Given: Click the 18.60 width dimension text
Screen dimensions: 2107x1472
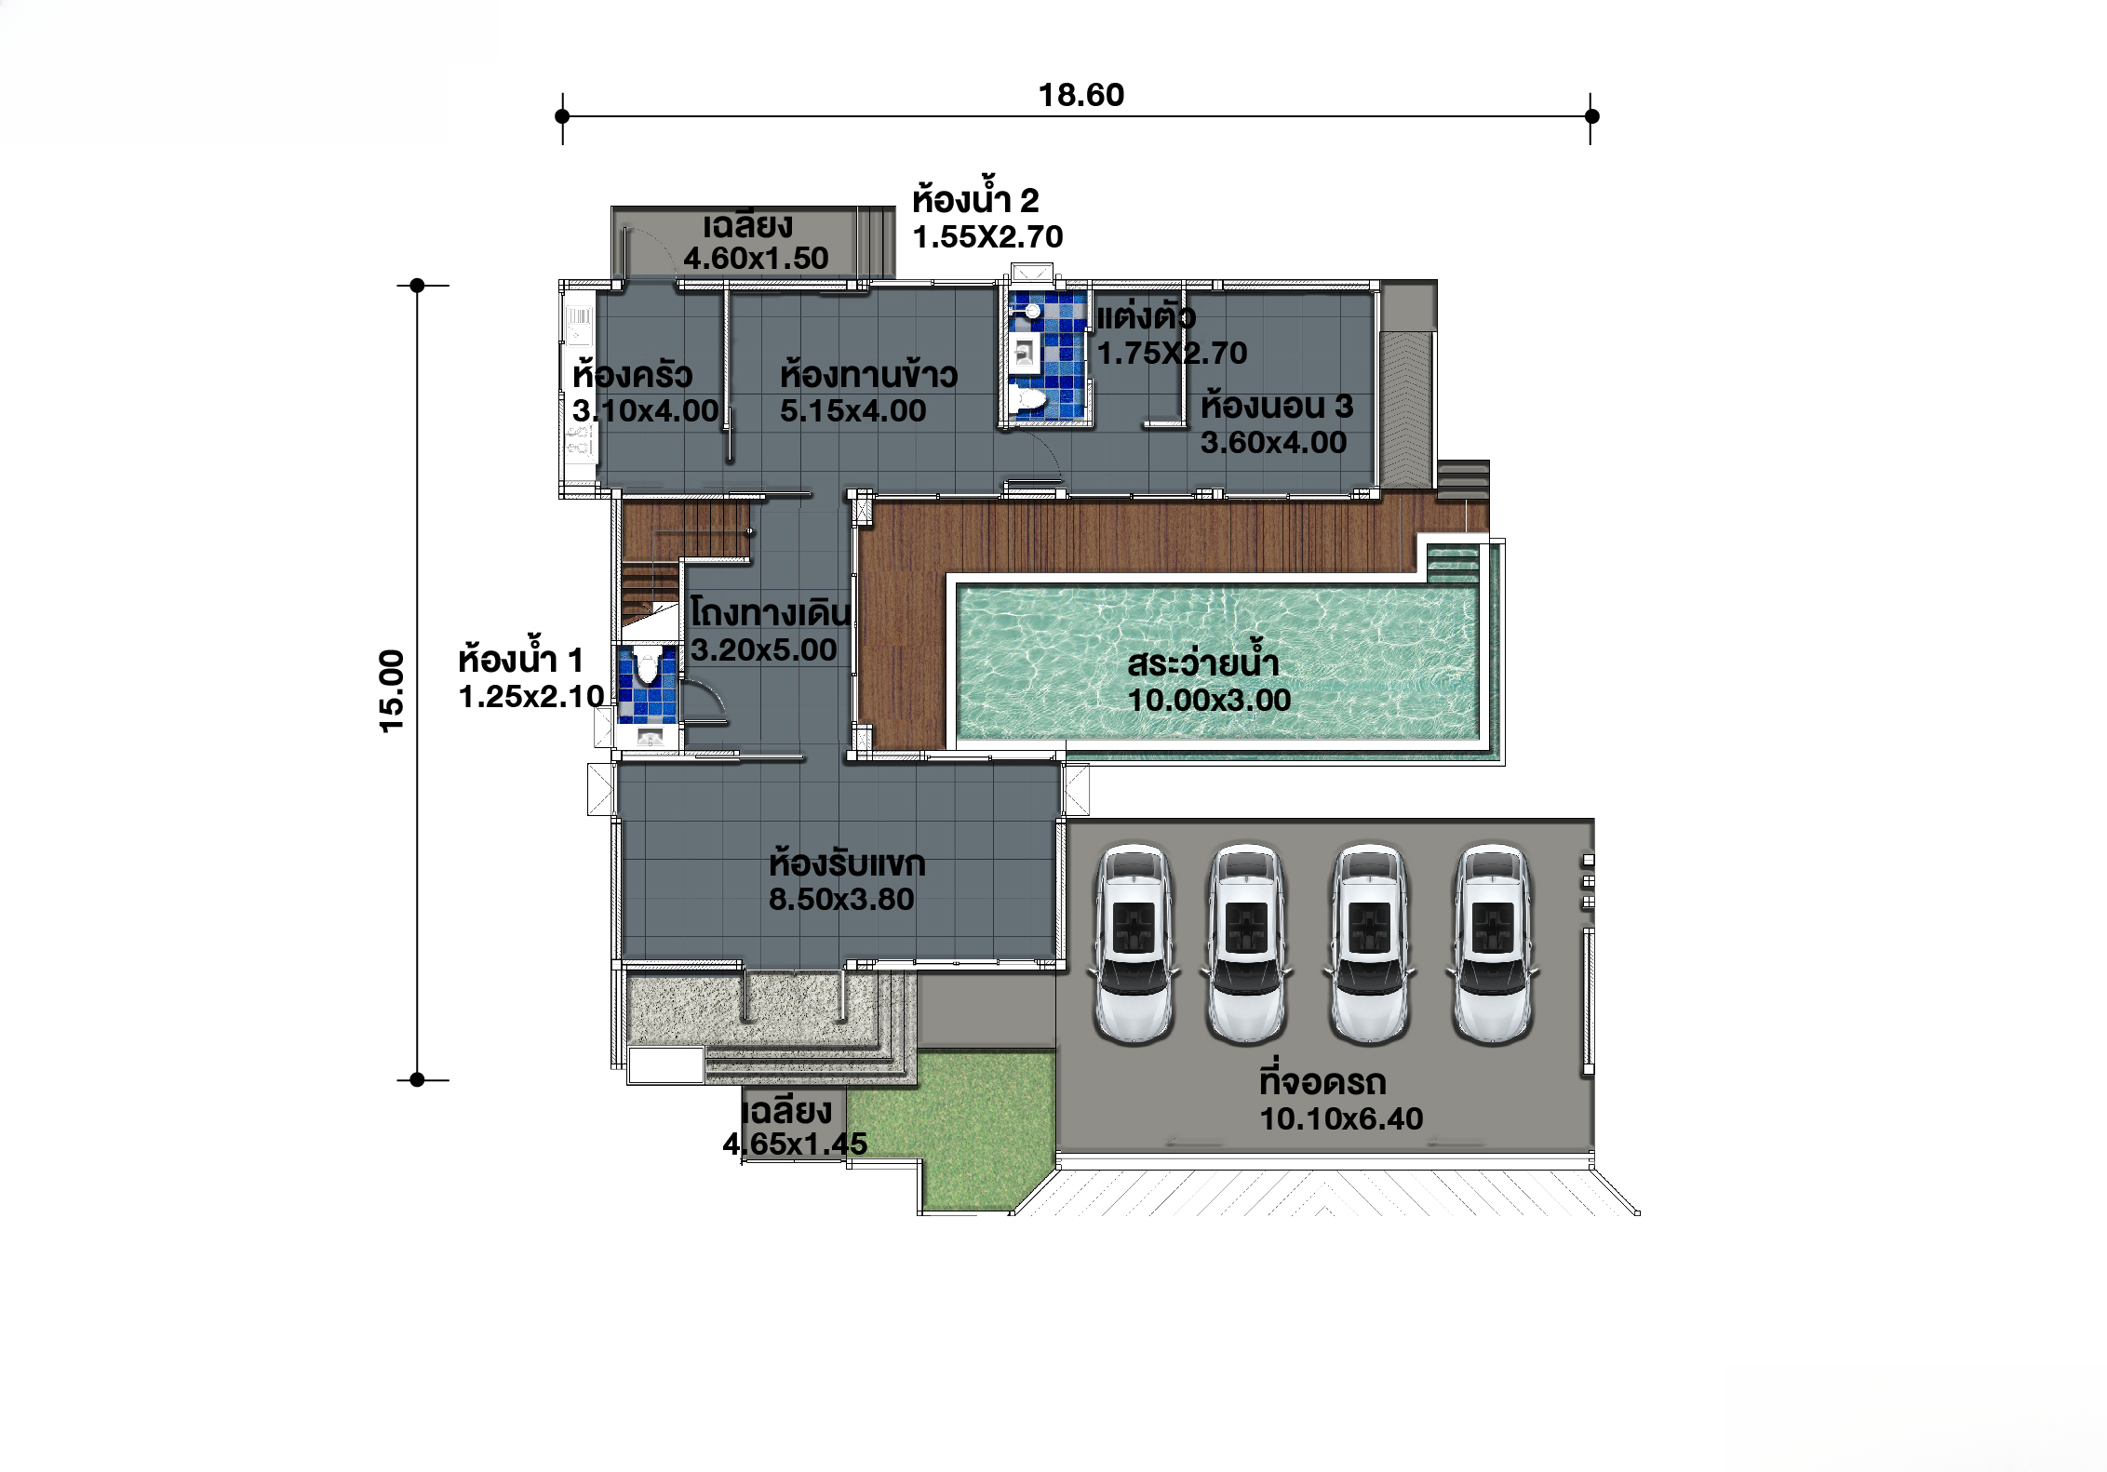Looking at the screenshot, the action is pyautogui.click(x=1080, y=95).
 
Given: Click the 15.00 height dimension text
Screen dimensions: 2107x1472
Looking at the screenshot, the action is pyautogui.click(x=392, y=690).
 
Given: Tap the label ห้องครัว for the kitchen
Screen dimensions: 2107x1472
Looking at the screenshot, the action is pyautogui.click(x=632, y=375).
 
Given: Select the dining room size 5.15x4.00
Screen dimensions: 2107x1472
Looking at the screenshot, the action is pyautogui.click(x=852, y=410).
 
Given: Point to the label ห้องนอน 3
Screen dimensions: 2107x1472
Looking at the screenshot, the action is pyautogui.click(x=1276, y=406).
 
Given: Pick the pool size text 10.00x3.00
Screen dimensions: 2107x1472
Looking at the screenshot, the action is pyautogui.click(x=1209, y=700).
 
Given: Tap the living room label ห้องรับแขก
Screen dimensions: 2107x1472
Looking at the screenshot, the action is pyautogui.click(x=847, y=863).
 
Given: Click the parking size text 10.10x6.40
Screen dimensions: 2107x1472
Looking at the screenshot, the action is pyautogui.click(x=1341, y=1118).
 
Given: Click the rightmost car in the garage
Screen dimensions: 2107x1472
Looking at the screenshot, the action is pyautogui.click(x=1492, y=944).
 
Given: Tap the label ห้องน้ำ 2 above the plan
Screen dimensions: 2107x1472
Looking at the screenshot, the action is pyautogui.click(x=975, y=199).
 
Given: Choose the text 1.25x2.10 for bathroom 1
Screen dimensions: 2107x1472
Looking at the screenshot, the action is pyautogui.click(x=531, y=696).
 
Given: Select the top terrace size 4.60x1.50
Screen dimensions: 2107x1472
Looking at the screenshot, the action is pyautogui.click(x=756, y=258).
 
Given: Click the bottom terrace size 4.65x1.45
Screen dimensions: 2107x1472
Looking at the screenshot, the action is pyautogui.click(x=795, y=1144).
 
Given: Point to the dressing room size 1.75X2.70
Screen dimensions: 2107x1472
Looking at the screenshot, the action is pyautogui.click(x=1173, y=353).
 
